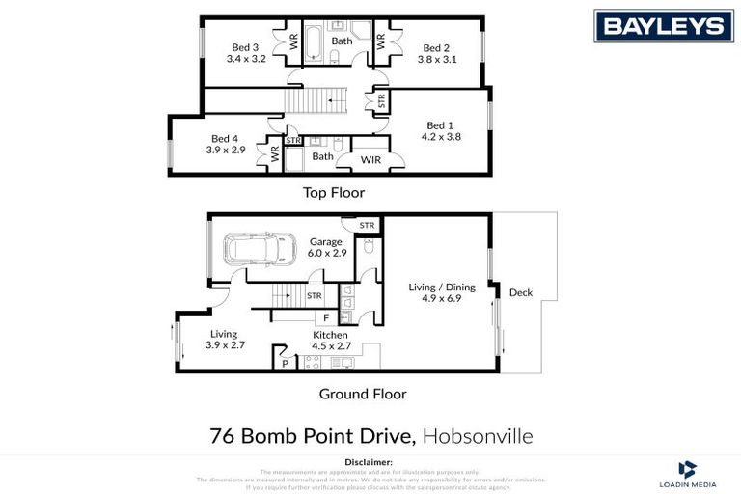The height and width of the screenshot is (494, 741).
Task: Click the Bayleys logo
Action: [x=663, y=26]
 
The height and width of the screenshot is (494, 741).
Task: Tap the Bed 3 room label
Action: [x=245, y=47]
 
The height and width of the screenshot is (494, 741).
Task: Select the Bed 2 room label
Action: [x=436, y=47]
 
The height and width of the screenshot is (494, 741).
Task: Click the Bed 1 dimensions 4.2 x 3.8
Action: [x=441, y=137]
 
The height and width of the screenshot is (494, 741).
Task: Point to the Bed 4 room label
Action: [x=224, y=138]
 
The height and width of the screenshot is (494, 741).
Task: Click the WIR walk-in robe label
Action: [x=370, y=158]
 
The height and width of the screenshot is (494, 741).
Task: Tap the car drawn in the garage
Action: [x=260, y=249]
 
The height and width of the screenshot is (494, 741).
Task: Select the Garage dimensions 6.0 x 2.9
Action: [x=327, y=254]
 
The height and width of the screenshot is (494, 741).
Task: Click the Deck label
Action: [x=520, y=292]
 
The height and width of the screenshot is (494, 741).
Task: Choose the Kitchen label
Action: [x=330, y=335]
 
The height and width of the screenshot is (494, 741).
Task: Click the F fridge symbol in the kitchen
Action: [x=326, y=316]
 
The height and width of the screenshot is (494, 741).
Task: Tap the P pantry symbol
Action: [x=285, y=363]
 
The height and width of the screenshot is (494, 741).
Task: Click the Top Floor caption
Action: [x=334, y=192]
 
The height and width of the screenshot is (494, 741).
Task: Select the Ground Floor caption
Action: [x=363, y=394]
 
